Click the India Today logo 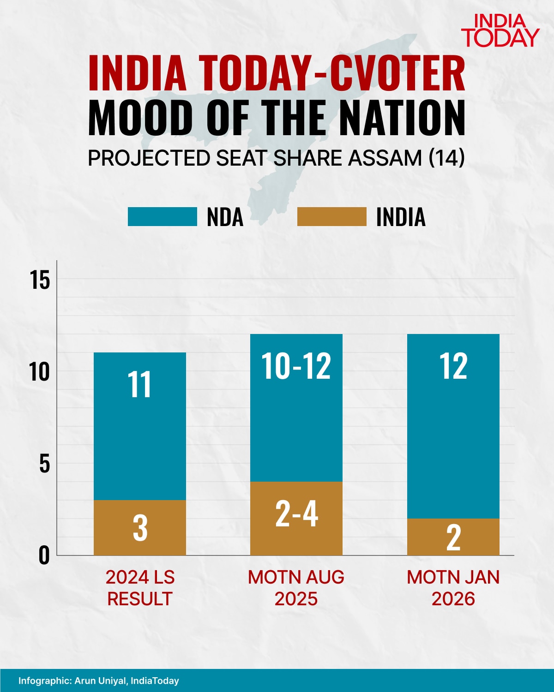[x=500, y=30]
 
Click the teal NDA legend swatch [x=162, y=217]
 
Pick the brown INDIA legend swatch [x=331, y=217]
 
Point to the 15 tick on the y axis [x=40, y=280]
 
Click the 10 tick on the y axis [x=40, y=371]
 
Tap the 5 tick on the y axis [x=44, y=463]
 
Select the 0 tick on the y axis [x=44, y=555]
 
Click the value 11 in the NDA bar [x=139, y=385]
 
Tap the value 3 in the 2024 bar [x=140, y=528]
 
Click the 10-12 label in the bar [x=296, y=366]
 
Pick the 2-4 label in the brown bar [x=296, y=514]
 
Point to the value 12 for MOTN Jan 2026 [x=453, y=366]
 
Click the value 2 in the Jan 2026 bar [x=453, y=537]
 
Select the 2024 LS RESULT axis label [x=140, y=588]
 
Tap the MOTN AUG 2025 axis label [x=296, y=588]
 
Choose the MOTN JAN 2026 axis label [x=453, y=588]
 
